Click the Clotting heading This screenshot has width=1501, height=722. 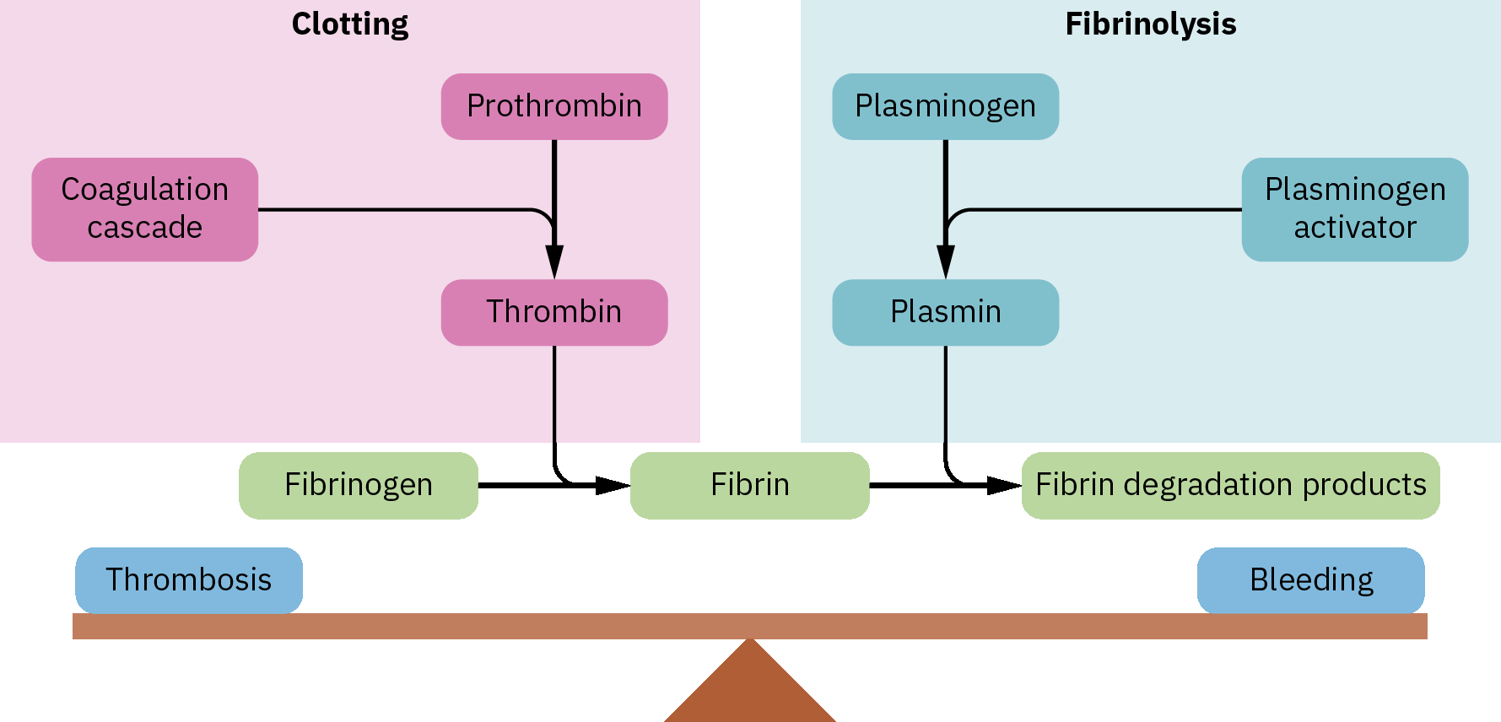coord(350,24)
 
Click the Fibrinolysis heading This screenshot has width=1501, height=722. coord(1150,24)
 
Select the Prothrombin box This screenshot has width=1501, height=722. coord(554,106)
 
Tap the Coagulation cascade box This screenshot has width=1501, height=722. coord(145,209)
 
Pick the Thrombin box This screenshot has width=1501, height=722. coord(554,312)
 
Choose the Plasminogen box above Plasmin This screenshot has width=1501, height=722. coord(945,106)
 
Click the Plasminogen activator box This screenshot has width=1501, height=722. coord(1354,209)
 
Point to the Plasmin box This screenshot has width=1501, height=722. coord(945,312)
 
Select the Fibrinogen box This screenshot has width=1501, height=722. coord(359,485)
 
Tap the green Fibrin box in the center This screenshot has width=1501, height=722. coord(750,485)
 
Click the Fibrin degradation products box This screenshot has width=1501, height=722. coord(1230,485)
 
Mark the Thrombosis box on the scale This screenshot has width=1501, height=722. coord(189,580)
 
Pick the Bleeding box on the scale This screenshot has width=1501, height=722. coord(1311,580)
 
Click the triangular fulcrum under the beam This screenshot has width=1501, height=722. coord(750,687)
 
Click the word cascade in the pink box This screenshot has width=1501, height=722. coord(145,228)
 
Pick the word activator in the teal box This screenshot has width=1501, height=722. coord(1355,228)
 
